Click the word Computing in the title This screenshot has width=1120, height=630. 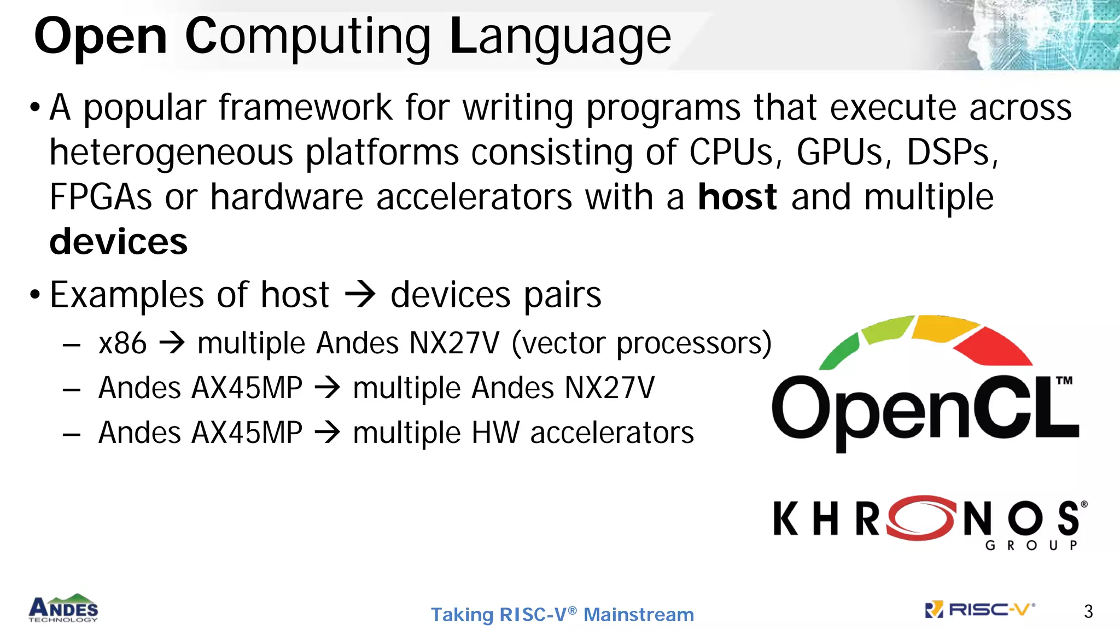tap(308, 37)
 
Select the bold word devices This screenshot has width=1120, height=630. tap(118, 242)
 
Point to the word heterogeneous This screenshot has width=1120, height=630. tap(171, 153)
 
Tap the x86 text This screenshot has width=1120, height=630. tap(122, 343)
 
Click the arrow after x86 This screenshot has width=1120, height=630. tap(172, 343)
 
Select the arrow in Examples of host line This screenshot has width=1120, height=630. tap(360, 294)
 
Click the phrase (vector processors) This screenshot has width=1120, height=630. tap(641, 343)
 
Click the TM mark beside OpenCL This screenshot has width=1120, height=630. tap(1064, 381)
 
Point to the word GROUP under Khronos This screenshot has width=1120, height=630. tap(1031, 545)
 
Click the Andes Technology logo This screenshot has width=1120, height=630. tap(63, 608)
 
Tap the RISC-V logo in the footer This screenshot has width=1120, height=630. tap(979, 609)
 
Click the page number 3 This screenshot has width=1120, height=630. tap(1088, 611)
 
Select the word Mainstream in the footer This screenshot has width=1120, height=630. tap(638, 615)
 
